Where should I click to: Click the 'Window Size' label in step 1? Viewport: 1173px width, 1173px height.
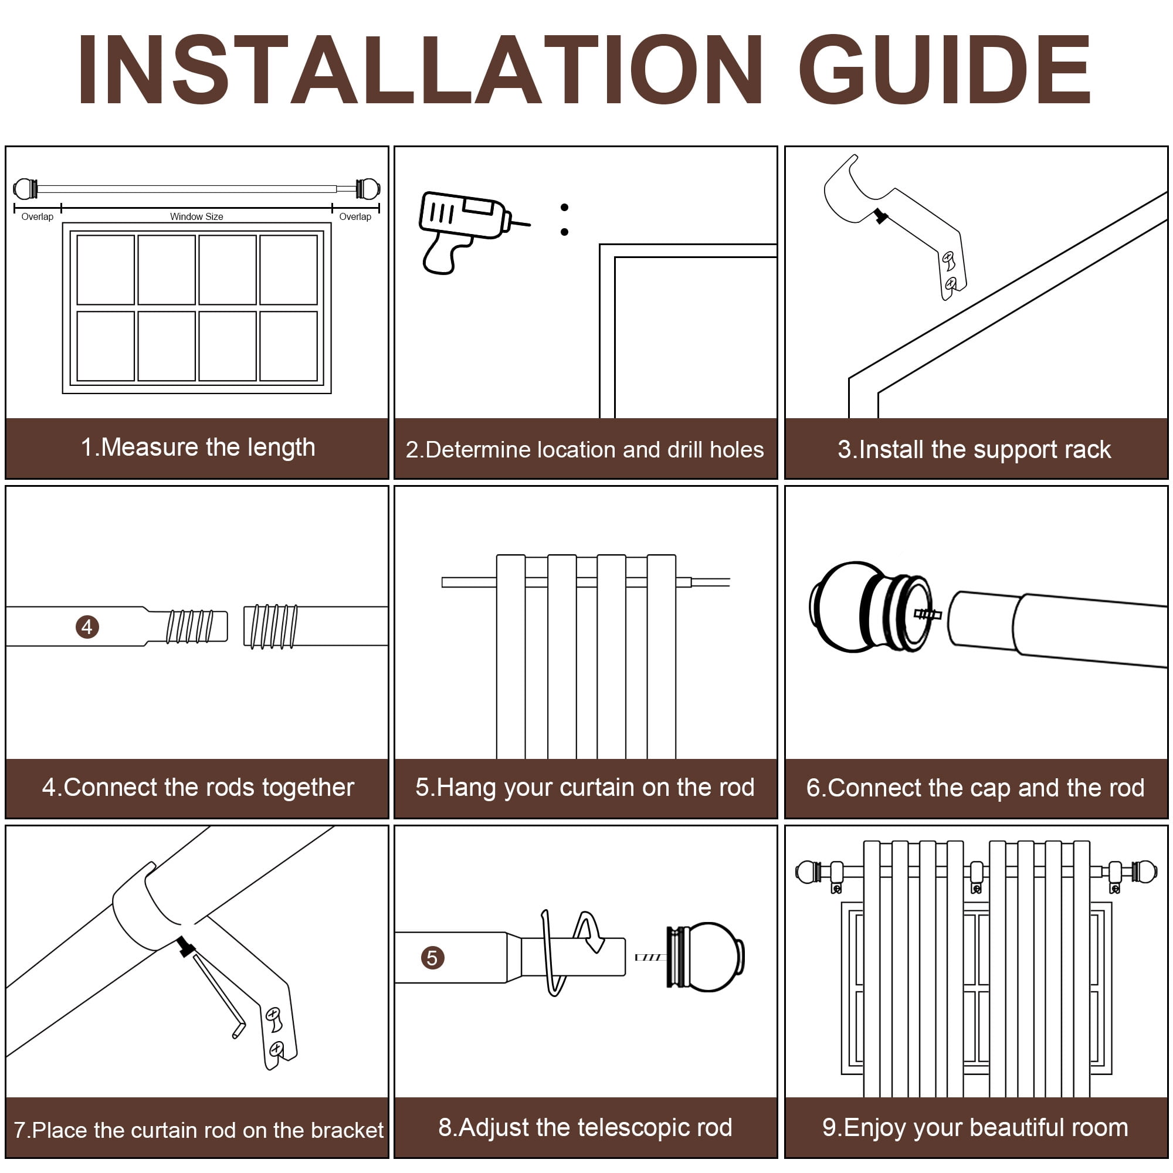[196, 217]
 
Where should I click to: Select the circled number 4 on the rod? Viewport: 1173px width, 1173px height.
[87, 626]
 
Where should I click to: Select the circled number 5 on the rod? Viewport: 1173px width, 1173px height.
[432, 958]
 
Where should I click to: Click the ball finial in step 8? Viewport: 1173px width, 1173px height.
[705, 958]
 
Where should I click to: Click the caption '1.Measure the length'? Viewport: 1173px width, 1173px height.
[198, 447]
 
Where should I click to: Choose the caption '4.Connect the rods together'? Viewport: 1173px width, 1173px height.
[198, 788]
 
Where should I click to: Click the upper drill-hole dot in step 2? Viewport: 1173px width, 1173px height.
[565, 208]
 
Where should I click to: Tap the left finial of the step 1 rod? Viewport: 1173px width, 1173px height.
[25, 189]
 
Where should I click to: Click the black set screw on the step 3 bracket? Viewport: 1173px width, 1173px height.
[881, 216]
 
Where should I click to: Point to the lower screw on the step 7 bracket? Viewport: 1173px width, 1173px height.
[276, 1048]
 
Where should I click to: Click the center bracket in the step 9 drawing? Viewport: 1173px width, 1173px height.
[977, 877]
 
